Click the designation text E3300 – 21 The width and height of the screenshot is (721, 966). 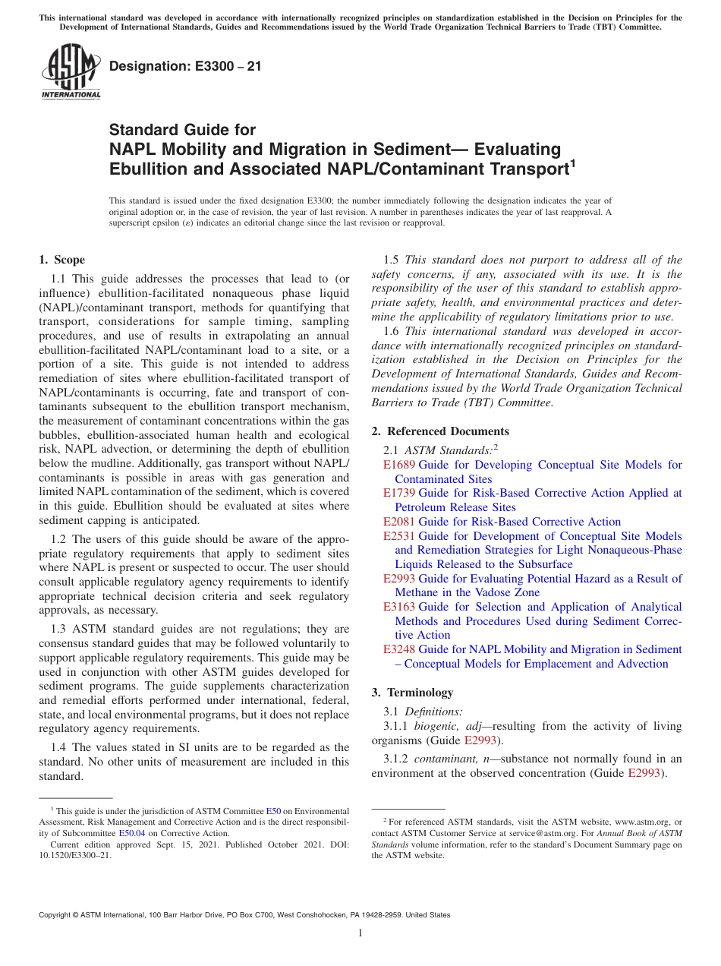(185, 66)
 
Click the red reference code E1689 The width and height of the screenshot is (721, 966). (398, 465)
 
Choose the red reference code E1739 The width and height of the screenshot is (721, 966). (398, 493)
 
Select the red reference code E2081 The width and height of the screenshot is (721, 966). (398, 522)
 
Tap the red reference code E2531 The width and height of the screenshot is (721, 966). (398, 536)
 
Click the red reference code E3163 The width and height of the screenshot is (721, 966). (398, 607)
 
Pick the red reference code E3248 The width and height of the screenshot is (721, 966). (398, 649)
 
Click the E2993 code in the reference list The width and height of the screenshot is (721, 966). (398, 579)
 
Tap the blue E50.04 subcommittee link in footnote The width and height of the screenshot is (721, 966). (131, 833)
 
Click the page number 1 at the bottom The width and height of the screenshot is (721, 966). (360, 933)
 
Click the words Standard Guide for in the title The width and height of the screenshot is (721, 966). (182, 130)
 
